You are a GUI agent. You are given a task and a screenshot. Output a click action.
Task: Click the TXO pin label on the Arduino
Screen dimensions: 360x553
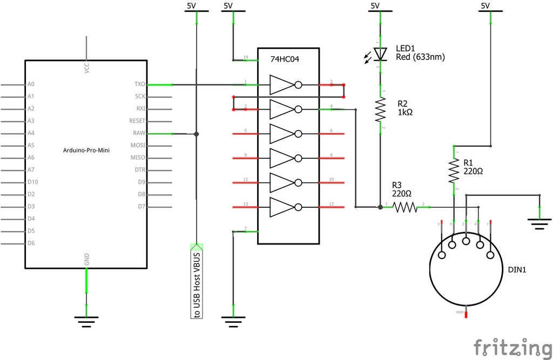(x=139, y=85)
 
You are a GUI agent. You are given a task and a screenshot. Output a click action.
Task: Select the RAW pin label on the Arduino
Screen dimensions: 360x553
(x=139, y=133)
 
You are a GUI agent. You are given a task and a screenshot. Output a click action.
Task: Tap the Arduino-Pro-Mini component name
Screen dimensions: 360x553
(x=86, y=151)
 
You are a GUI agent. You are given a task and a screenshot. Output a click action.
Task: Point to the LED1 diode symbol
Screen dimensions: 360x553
(x=381, y=54)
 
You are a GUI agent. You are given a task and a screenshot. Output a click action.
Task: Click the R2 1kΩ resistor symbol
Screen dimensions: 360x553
(x=381, y=110)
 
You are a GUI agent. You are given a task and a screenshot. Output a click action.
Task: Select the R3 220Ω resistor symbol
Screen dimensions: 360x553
(x=405, y=206)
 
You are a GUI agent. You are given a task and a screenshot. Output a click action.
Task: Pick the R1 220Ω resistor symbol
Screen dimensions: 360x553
(x=454, y=171)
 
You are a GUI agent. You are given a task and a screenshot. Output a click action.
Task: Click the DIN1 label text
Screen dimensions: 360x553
(x=517, y=269)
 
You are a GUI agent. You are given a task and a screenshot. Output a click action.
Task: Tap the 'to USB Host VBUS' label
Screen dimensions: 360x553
(x=197, y=284)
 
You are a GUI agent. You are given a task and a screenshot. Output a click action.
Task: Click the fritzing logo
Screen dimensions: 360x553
(x=512, y=347)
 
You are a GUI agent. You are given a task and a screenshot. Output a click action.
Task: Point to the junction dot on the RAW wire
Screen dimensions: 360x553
(x=197, y=134)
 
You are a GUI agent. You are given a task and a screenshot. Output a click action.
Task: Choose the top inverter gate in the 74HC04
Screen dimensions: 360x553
(x=284, y=85)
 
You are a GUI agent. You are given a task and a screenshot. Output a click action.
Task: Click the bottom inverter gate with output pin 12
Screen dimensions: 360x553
(x=284, y=207)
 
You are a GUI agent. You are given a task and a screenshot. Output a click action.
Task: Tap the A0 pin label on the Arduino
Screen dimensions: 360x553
(x=31, y=85)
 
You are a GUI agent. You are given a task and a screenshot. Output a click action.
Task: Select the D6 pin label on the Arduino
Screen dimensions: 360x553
(x=31, y=243)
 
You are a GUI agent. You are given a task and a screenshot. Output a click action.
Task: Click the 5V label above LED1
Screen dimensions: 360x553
(x=375, y=6)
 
